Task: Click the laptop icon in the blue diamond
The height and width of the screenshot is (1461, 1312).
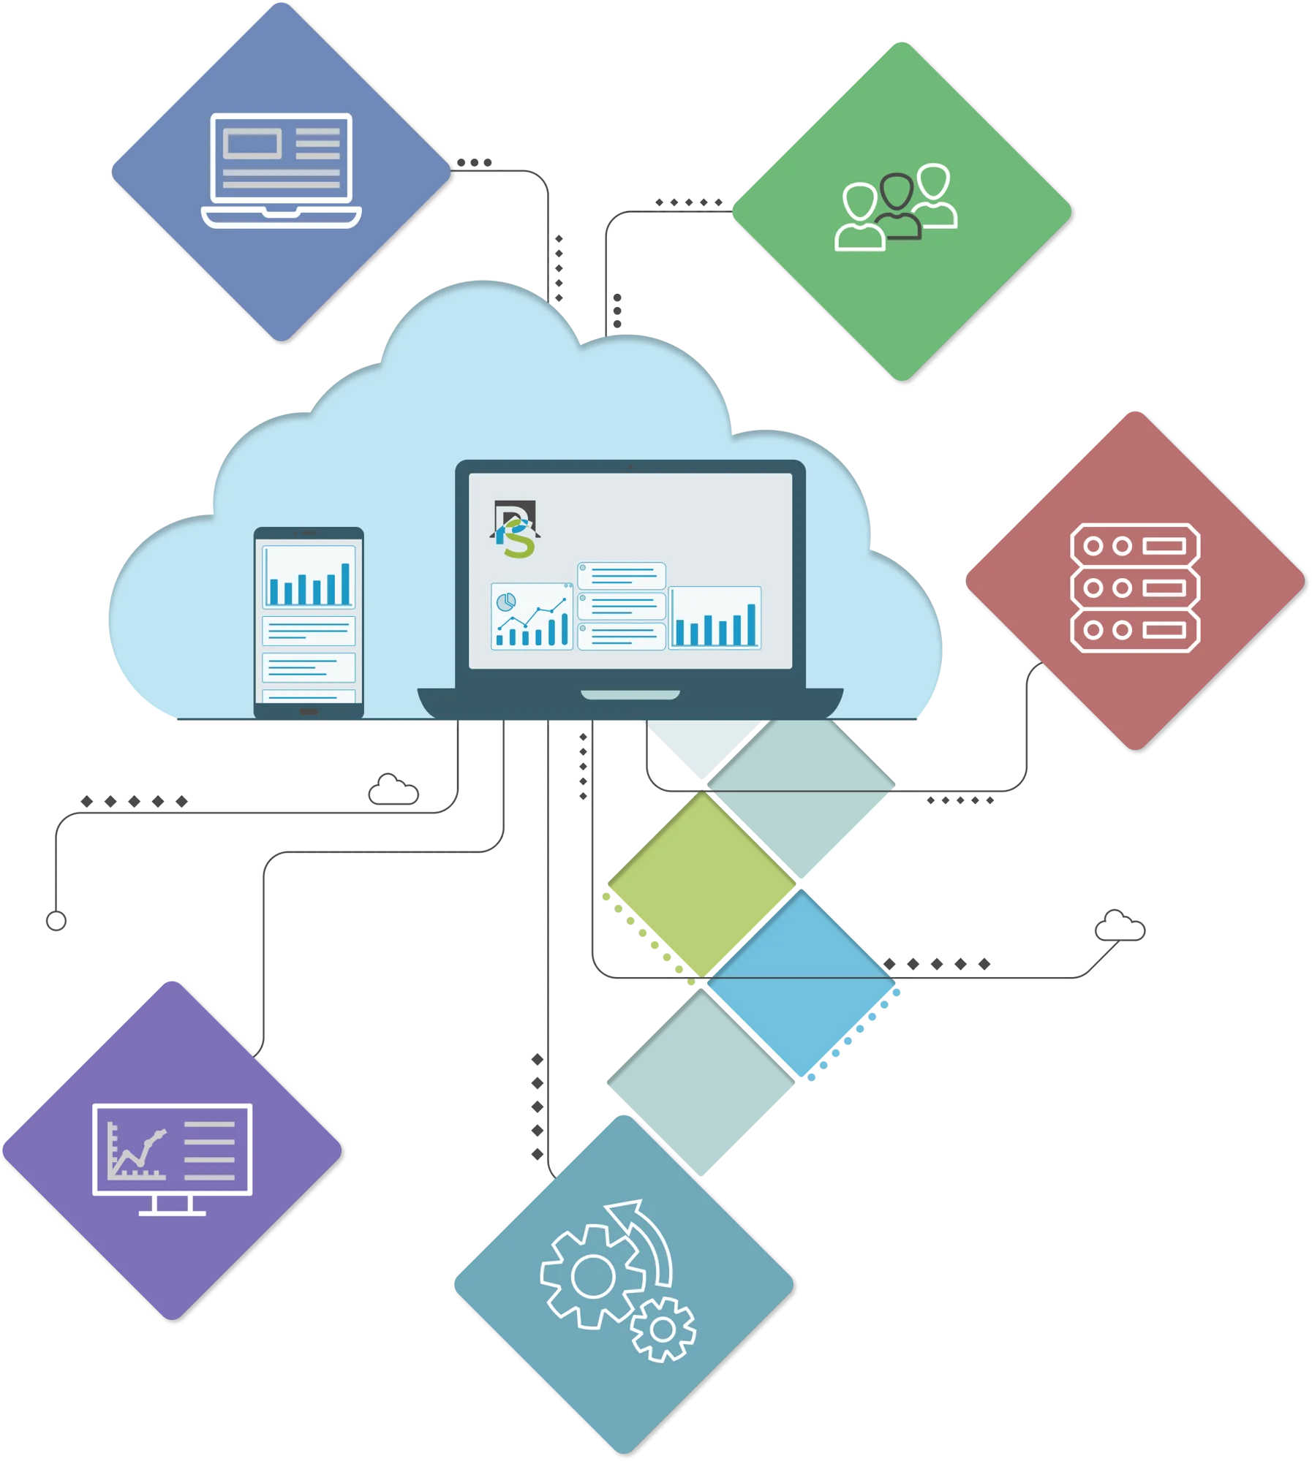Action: tap(282, 170)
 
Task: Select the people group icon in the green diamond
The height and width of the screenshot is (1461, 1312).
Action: tap(896, 208)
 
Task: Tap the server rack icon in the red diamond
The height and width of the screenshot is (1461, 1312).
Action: tap(1135, 587)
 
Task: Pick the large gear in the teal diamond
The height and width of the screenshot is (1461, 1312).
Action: tap(592, 1277)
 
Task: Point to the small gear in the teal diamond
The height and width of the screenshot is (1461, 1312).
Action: tap(663, 1329)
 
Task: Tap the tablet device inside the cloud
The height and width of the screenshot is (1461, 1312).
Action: tap(309, 622)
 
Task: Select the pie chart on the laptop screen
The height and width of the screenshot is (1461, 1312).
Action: tap(506, 602)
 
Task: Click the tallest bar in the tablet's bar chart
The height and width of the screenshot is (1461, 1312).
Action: tap(345, 583)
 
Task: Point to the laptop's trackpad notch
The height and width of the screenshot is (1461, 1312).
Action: tap(630, 694)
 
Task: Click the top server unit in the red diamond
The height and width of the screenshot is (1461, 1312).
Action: tap(1135, 545)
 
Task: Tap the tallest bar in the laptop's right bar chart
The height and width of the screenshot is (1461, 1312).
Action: tap(751, 624)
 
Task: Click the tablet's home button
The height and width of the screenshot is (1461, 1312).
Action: tap(309, 711)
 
